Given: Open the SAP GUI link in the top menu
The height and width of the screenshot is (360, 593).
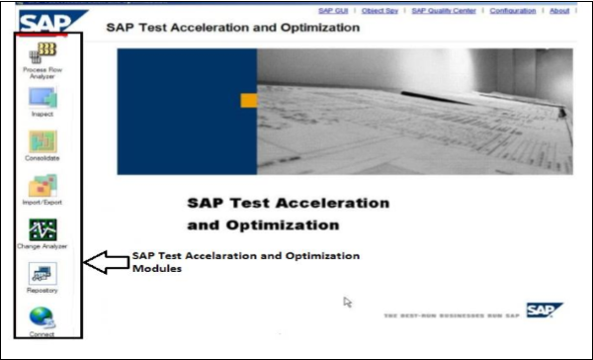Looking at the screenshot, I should coord(333,11).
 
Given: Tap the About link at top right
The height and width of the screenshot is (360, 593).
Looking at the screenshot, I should coord(559,11).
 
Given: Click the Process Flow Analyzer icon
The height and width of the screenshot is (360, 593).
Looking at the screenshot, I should coord(42,52).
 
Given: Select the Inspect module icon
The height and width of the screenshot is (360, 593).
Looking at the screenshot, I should coord(42,98).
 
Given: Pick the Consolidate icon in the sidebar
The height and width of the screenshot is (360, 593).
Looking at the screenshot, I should coord(42,141).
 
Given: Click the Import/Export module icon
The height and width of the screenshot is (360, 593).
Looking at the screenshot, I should coord(42,186).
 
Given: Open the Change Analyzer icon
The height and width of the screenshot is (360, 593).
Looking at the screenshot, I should coord(42,230).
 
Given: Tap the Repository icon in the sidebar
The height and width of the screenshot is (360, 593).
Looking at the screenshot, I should coord(42,274).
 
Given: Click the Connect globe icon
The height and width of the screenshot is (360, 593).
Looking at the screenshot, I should coord(42,318).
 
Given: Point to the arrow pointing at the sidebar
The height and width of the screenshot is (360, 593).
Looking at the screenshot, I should coord(105,263).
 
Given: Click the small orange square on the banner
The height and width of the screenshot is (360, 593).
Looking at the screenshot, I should coord(249,100).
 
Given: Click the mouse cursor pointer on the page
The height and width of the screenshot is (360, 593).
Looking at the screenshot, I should coord(348,302).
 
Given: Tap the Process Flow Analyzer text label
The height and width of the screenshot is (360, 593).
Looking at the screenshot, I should coord(42,73).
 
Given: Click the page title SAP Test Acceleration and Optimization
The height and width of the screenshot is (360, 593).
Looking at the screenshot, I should coord(232,27).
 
